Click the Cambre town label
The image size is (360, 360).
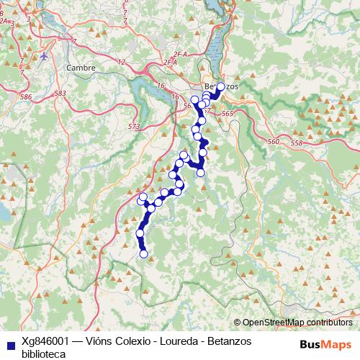80,67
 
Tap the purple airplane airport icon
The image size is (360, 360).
45,55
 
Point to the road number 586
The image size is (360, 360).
27,96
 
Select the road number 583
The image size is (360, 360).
60,94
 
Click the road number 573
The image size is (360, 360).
134,127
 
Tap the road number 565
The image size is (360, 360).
229,114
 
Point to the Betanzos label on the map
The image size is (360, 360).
220,86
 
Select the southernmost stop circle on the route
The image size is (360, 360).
143,253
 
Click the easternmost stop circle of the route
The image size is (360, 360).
220,89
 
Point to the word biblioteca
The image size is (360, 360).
45,354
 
